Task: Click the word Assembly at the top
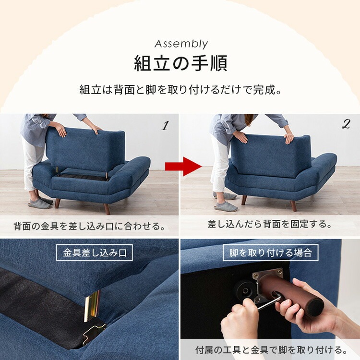point(181,44)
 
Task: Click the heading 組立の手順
point(180,64)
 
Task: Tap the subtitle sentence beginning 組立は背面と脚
point(180,90)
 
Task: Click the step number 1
point(165,126)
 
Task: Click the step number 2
point(346,124)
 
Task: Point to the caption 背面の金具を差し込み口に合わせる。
point(89,225)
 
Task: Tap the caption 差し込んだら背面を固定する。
point(270,224)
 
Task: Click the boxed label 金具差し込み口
point(94,252)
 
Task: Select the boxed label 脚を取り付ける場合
point(270,252)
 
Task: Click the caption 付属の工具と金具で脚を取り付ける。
point(271,349)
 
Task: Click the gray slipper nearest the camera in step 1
point(40,204)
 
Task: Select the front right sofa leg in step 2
point(293,205)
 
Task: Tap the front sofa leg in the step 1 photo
point(107,208)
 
